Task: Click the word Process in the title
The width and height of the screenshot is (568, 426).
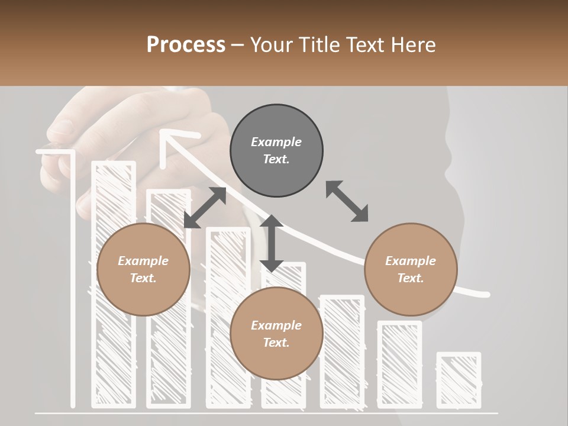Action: coord(186,44)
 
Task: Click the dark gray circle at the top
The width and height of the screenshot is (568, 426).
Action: coord(276,151)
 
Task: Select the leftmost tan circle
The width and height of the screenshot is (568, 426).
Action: coord(143,270)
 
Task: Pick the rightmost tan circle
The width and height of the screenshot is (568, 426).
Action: coord(411,270)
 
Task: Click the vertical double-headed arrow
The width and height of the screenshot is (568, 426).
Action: coord(272,243)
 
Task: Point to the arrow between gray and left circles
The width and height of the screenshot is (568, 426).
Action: coord(205,208)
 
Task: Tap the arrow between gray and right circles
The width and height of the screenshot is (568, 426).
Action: coord(347,201)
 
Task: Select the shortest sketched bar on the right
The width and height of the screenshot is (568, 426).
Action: coord(459,379)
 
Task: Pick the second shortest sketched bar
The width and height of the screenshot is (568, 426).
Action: coord(399,364)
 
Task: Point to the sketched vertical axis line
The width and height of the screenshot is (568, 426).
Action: coord(73,278)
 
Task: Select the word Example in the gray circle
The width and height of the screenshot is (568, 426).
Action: coord(276,142)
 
